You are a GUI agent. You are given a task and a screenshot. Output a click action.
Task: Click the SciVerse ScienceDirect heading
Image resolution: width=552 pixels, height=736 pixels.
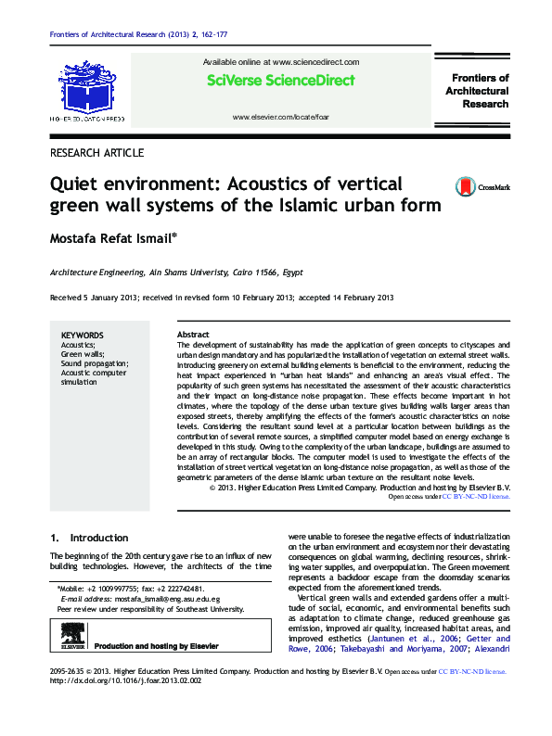(x=280, y=81)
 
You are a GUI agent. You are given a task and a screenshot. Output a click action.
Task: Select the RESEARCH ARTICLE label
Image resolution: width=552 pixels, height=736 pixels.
(x=96, y=152)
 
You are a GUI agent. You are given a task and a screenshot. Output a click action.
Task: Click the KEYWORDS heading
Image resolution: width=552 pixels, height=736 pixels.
(x=82, y=336)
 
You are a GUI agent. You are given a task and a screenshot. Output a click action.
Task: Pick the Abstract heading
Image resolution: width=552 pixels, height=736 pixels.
(x=193, y=335)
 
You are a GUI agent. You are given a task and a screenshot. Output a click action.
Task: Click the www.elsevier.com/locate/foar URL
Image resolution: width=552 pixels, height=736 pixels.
(x=279, y=118)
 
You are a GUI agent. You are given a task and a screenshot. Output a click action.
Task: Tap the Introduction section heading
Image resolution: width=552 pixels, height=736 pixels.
(x=100, y=538)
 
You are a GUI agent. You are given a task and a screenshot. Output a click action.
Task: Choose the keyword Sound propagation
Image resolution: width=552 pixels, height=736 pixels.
(x=95, y=363)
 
